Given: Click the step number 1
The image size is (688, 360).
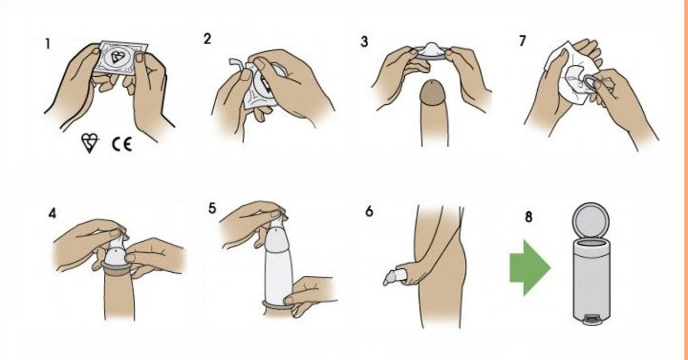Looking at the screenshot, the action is click(47, 44).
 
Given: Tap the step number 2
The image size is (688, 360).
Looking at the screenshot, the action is click(208, 39).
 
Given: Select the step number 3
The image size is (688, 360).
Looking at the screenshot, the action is click(364, 42).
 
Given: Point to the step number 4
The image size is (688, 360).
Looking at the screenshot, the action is click(52, 213).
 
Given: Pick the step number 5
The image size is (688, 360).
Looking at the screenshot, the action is click(212, 209).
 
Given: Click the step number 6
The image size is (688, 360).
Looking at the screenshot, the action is click(369, 212).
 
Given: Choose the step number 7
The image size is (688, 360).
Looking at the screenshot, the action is click(522, 41).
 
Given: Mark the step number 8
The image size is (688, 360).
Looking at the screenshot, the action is click(528, 217).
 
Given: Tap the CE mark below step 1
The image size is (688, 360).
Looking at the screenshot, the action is click(122, 144).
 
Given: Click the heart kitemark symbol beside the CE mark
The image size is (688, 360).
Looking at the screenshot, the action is click(89, 143).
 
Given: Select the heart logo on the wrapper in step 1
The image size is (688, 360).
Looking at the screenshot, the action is click(117, 57).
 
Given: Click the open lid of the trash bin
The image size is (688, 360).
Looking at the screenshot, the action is click(591, 220).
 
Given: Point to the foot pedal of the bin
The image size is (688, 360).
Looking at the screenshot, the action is click(590, 319).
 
